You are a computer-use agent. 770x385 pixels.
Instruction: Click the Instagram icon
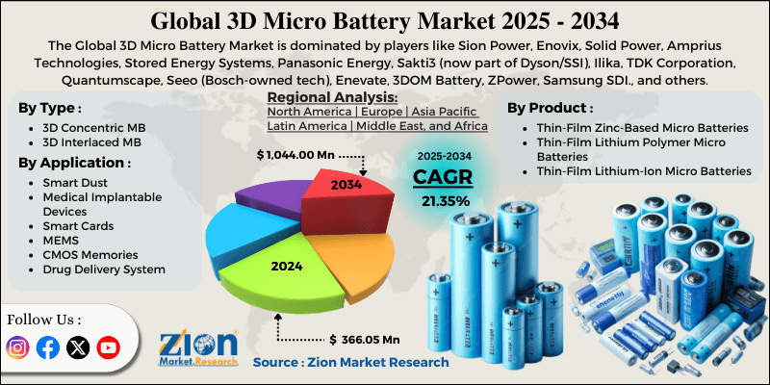click(x=18, y=347)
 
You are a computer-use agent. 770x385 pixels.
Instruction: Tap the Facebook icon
click(x=47, y=347)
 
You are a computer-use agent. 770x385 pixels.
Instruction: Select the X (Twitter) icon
click(x=78, y=347)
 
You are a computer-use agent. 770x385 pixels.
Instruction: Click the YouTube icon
click(x=108, y=347)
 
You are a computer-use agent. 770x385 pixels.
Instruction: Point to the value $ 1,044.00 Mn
click(x=302, y=154)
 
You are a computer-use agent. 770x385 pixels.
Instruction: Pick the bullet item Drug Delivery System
click(x=104, y=269)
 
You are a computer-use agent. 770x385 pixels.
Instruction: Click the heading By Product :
click(x=551, y=107)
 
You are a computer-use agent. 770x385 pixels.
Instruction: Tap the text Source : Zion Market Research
click(x=350, y=362)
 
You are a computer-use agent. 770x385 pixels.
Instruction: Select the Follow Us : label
click(x=44, y=319)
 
